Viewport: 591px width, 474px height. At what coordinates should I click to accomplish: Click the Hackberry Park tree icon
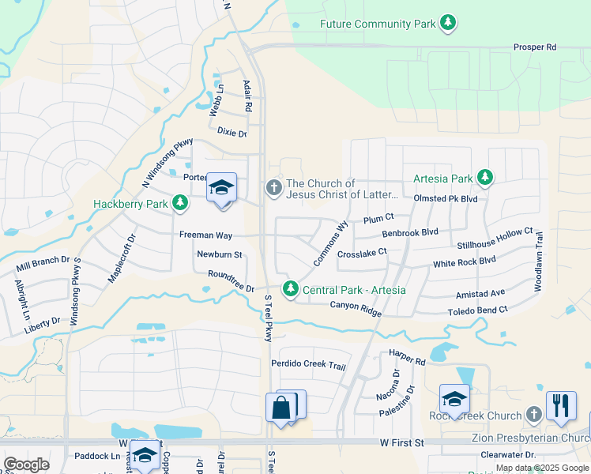tap(181, 204)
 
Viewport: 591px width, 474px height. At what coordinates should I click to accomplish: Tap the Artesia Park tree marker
tap(487, 178)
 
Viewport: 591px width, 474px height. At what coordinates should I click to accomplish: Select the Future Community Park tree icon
tap(448, 24)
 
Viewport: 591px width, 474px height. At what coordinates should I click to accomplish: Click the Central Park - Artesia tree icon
tap(291, 290)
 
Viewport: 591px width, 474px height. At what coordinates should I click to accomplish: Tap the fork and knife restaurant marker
tap(560, 405)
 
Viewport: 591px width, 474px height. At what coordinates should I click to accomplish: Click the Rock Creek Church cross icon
tap(534, 415)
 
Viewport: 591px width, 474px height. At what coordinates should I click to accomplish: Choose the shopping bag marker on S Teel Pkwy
tap(280, 408)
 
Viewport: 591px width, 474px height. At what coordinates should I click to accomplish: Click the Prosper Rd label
tap(534, 47)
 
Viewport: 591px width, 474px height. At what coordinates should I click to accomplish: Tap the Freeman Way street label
tap(205, 235)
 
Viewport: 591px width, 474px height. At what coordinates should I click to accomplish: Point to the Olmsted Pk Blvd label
tap(446, 199)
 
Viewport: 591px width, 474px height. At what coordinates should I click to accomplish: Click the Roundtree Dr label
tap(231, 282)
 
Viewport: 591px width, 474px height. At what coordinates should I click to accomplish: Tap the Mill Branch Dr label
tap(43, 264)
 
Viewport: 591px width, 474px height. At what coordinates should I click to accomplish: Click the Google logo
tap(26, 465)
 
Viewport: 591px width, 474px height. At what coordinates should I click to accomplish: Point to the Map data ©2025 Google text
tap(542, 468)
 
